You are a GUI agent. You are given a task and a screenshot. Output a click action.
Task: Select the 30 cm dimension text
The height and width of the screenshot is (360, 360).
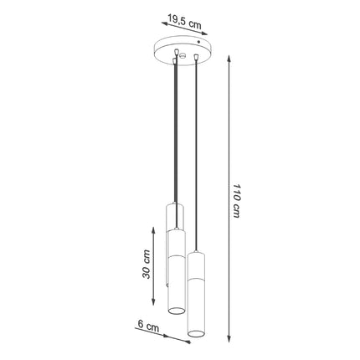pyautogui.click(x=147, y=265)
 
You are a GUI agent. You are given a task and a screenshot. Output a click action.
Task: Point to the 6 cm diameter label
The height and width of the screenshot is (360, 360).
pyautogui.click(x=150, y=327)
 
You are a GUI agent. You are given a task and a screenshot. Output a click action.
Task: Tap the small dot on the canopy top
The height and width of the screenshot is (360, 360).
pyautogui.click(x=198, y=39)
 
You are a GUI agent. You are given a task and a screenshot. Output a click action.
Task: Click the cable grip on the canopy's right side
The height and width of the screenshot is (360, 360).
pyautogui.click(x=195, y=57)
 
